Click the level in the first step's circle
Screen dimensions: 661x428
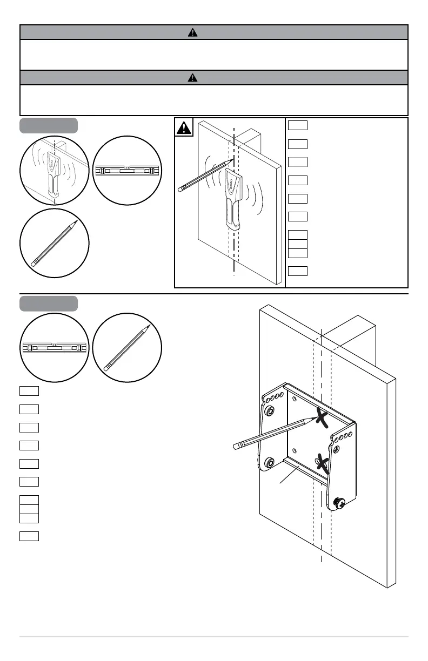point(127,171)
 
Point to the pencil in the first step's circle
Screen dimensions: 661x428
point(54,243)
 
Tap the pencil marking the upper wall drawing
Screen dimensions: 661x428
point(206,173)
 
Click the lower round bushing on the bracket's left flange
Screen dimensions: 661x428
point(269,462)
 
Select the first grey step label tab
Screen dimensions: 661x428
point(49,125)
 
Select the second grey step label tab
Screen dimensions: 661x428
point(49,303)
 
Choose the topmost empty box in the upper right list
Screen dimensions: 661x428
point(298,126)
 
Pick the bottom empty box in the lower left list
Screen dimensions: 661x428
point(29,536)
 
